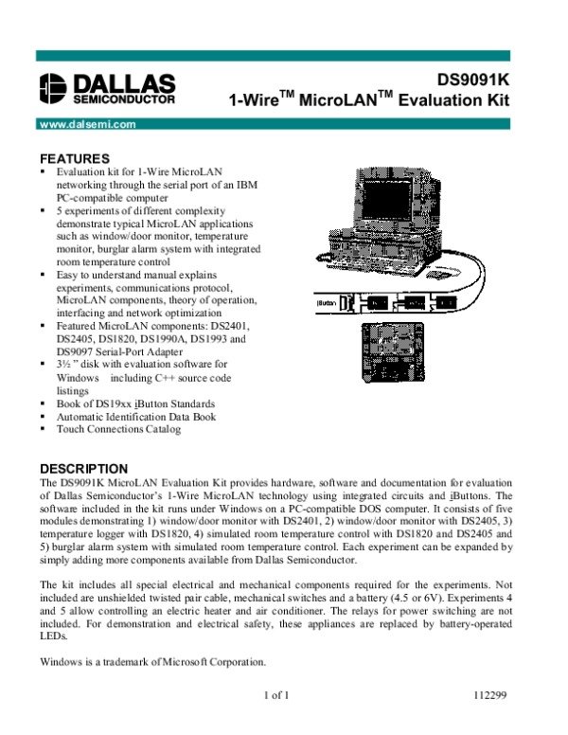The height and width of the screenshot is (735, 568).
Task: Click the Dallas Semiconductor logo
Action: (x=107, y=87)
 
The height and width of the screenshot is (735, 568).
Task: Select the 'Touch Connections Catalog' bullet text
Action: (x=118, y=429)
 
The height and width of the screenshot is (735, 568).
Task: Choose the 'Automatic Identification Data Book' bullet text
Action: (x=136, y=416)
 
